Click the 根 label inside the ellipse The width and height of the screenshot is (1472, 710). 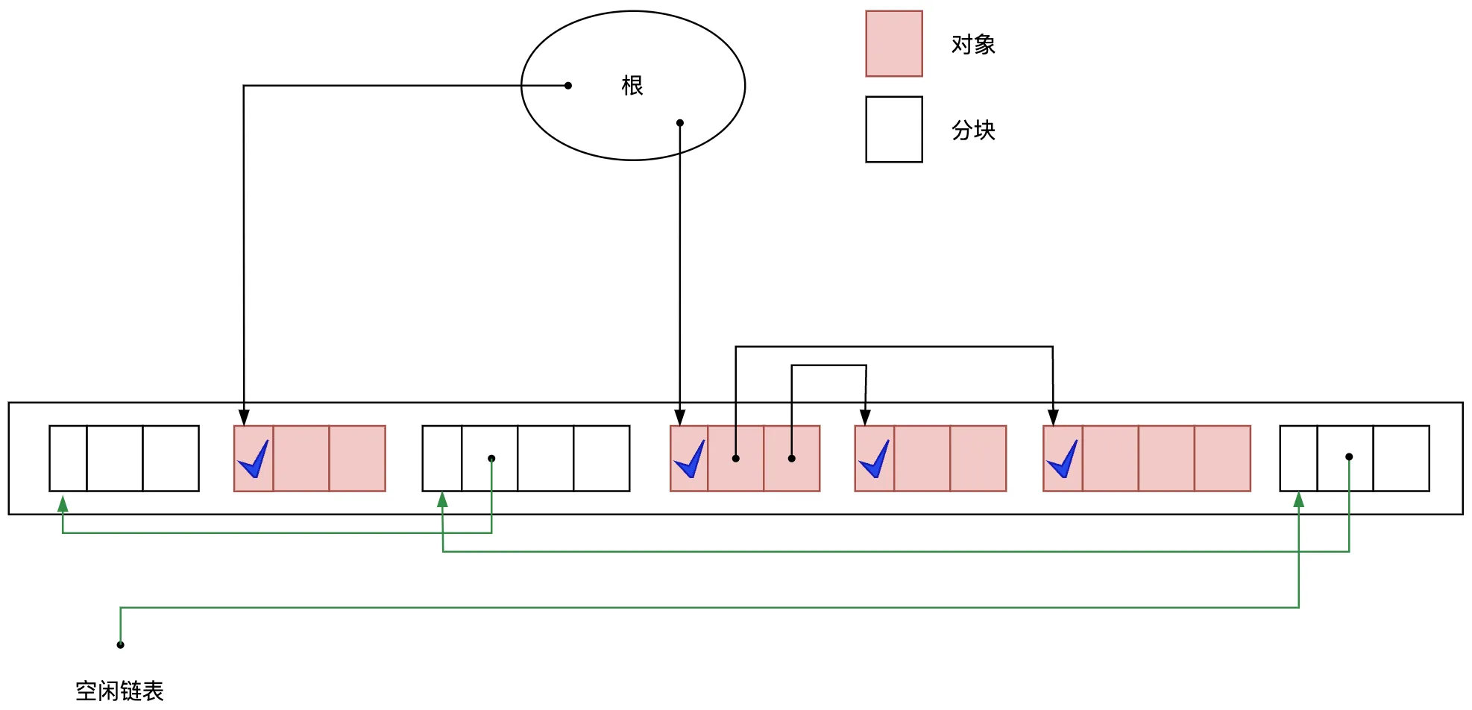[632, 86]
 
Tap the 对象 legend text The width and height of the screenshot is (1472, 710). [973, 45]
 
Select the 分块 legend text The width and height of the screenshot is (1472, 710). [973, 131]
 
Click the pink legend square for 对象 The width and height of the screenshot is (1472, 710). [893, 43]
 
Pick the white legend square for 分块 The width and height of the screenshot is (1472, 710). [893, 129]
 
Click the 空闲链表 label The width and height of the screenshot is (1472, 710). [119, 691]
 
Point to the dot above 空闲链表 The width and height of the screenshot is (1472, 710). [120, 644]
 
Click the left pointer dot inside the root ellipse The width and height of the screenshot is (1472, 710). [568, 86]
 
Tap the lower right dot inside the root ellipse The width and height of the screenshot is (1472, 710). [680, 123]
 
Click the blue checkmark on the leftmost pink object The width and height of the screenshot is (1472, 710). [254, 459]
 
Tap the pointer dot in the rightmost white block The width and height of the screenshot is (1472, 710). [1349, 456]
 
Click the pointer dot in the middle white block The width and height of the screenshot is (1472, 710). [491, 459]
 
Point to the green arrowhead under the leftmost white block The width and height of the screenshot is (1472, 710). [63, 504]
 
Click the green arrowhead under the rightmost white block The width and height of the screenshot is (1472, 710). [1298, 500]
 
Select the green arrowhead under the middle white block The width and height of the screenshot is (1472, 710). [442, 500]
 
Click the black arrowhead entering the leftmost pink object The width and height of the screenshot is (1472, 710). [244, 417]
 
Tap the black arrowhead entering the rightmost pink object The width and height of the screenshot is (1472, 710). [1053, 417]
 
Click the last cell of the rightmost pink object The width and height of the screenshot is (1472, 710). [1222, 459]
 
